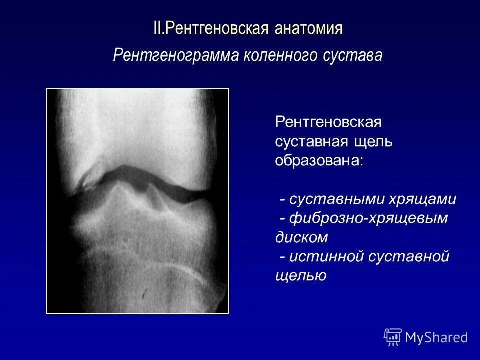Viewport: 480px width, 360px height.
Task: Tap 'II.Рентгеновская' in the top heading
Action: coord(212,28)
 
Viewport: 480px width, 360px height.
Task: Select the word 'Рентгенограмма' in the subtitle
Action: coord(175,55)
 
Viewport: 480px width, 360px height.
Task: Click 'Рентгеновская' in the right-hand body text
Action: coord(328,122)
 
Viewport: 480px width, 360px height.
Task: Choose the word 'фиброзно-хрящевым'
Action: coord(369,218)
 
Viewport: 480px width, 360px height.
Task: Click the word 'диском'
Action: coord(299,237)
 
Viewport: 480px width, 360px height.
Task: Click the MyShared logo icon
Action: coord(393,337)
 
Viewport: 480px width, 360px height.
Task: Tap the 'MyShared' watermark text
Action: coord(436,338)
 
